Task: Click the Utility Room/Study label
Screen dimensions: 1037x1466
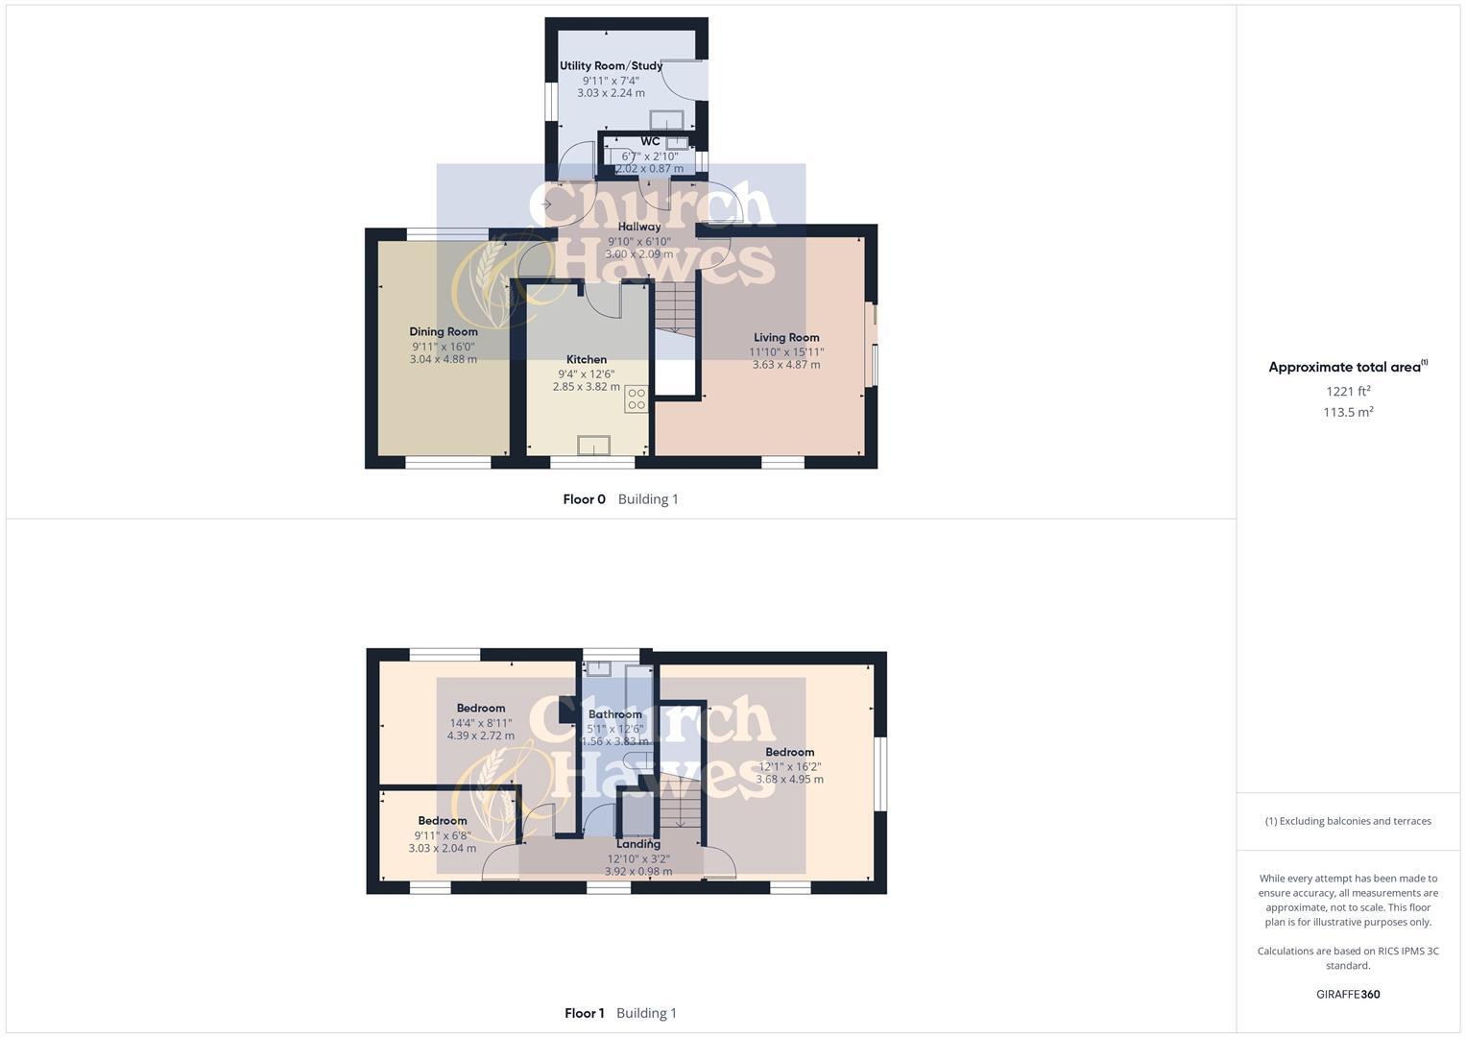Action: click(x=611, y=66)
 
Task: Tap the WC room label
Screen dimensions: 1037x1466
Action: click(x=650, y=141)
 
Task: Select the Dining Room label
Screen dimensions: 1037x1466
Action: click(x=444, y=331)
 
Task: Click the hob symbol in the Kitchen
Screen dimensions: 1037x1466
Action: click(x=637, y=399)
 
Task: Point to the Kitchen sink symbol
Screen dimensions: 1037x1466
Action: click(x=593, y=446)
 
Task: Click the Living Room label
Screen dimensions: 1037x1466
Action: click(x=786, y=337)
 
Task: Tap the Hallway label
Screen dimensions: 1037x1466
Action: click(x=638, y=227)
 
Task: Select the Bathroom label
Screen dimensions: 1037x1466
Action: click(x=615, y=714)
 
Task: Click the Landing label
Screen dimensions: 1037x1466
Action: click(x=638, y=844)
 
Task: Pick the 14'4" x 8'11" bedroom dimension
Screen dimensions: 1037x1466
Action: click(x=481, y=723)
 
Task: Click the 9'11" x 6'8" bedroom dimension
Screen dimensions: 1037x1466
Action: click(x=443, y=835)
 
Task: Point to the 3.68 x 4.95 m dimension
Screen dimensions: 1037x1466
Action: click(x=789, y=779)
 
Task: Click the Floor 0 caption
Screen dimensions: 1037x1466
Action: click(x=584, y=499)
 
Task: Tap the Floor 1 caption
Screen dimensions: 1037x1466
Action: click(x=584, y=1013)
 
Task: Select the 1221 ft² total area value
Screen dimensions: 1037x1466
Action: click(x=1348, y=391)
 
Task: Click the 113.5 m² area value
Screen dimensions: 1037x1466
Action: click(x=1348, y=412)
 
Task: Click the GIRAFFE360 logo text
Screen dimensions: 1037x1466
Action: click(x=1348, y=995)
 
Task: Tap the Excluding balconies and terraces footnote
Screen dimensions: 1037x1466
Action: click(x=1348, y=821)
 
